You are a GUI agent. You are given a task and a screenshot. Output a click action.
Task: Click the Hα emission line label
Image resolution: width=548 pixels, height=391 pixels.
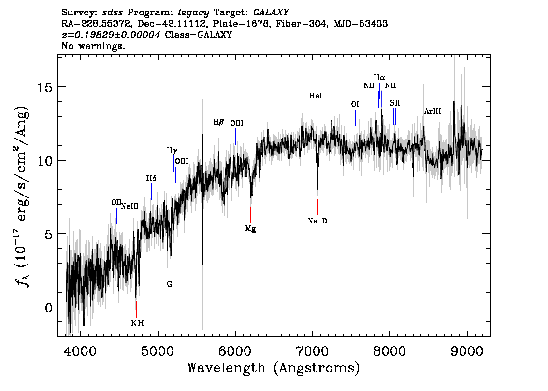click(379, 77)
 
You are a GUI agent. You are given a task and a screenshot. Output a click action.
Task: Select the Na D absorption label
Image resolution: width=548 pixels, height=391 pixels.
click(317, 221)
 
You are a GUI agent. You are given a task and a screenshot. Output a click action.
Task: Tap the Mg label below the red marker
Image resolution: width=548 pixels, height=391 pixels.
click(250, 229)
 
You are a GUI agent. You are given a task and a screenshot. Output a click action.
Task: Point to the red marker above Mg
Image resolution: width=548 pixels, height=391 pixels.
click(251, 214)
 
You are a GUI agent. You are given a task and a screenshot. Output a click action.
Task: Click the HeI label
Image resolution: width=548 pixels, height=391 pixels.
click(316, 97)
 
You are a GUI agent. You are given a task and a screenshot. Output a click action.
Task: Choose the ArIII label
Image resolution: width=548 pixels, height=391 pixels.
click(433, 112)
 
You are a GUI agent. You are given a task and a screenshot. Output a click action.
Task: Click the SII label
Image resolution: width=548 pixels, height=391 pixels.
click(395, 103)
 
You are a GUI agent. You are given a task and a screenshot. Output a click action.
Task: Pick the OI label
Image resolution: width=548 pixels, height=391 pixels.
click(355, 104)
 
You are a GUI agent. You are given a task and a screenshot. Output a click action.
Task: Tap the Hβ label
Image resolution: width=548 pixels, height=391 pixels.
click(218, 122)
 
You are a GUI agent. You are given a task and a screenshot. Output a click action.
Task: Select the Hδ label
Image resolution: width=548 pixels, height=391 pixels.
click(151, 178)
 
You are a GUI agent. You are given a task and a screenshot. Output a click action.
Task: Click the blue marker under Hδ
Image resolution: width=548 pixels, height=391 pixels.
click(152, 192)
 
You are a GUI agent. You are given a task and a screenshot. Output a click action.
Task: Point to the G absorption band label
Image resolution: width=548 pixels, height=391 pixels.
click(170, 284)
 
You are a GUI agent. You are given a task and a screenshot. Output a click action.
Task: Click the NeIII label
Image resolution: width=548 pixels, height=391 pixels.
click(130, 206)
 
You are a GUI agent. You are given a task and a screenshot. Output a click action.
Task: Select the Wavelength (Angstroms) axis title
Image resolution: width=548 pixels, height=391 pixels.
click(274, 368)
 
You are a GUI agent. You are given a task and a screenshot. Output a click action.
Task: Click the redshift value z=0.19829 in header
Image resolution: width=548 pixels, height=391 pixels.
click(111, 35)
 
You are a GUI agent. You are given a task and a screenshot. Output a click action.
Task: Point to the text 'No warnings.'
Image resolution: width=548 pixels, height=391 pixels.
click(93, 47)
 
